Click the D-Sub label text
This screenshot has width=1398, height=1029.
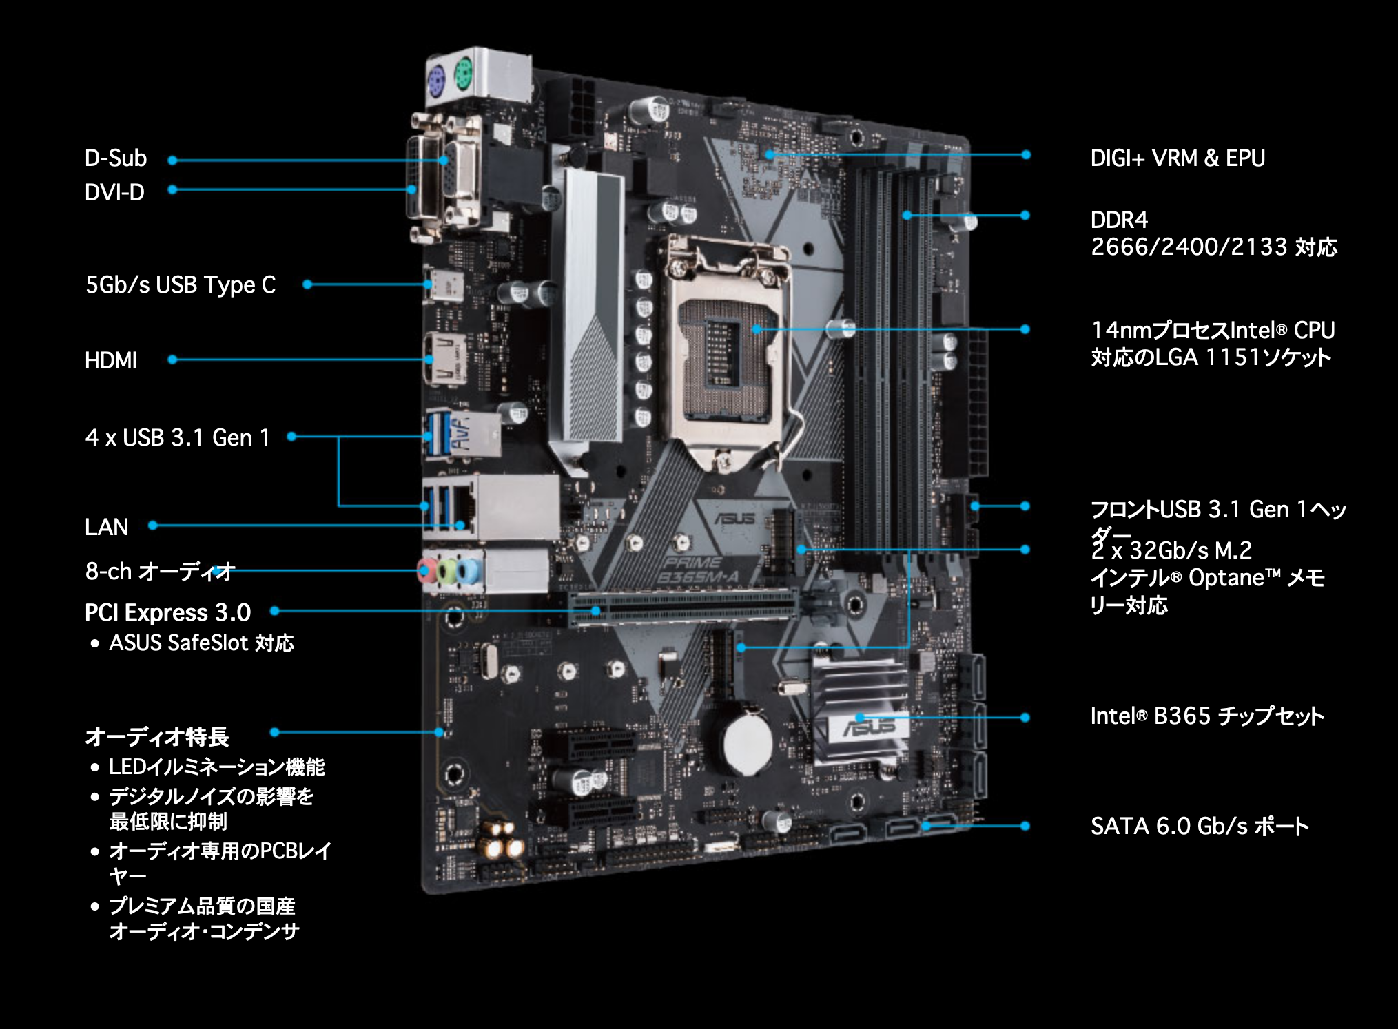[x=115, y=158]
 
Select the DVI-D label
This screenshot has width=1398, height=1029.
[x=114, y=192]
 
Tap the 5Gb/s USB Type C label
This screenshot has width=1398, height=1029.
[x=181, y=284]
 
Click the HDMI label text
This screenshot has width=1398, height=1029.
[x=111, y=360]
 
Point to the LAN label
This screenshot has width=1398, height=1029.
[x=107, y=527]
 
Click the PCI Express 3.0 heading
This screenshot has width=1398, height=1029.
[x=167, y=612]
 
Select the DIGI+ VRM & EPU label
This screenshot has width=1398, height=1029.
[x=1178, y=158]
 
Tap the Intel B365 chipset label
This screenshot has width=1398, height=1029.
[x=1206, y=716]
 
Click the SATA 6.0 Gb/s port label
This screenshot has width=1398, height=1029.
[x=1199, y=826]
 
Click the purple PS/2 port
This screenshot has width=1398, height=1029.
[x=437, y=85]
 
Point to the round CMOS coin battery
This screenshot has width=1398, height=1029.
[x=748, y=743]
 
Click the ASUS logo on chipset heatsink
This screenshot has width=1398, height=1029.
[x=870, y=727]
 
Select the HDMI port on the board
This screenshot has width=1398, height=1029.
[x=444, y=359]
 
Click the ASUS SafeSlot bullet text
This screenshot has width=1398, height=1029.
[x=201, y=643]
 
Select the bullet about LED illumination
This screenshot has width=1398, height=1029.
[x=216, y=767]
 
